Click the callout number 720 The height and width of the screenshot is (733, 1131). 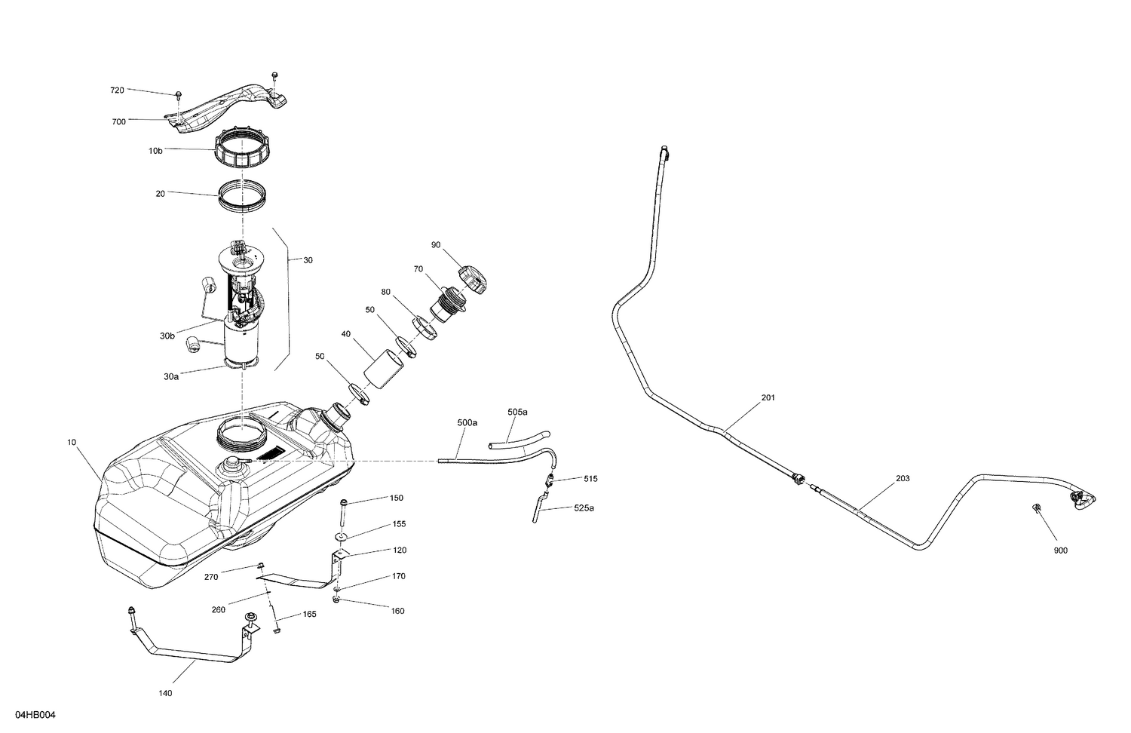117,90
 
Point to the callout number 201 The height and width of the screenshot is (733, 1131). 768,397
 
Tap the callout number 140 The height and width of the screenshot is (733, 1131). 165,693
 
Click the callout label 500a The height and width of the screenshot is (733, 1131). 467,423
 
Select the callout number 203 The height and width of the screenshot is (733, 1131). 903,478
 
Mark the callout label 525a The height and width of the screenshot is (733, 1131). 584,508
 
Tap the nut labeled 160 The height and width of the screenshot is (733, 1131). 336,600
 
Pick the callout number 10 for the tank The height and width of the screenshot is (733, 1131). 72,443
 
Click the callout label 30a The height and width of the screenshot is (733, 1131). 171,376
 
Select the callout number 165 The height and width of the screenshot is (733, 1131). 309,614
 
